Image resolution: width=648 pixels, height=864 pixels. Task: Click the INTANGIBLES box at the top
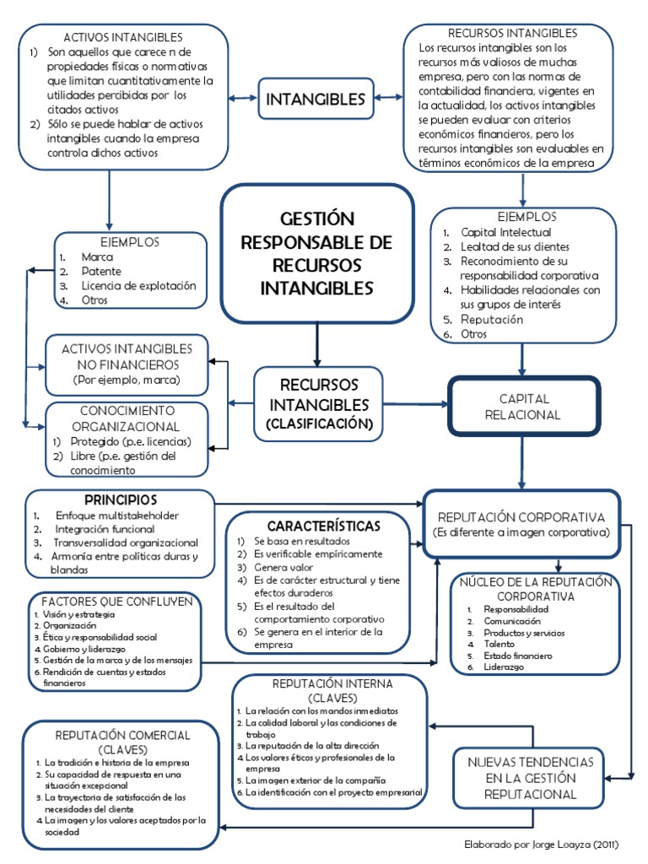point(316,99)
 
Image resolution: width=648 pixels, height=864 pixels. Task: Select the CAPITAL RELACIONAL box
point(523,407)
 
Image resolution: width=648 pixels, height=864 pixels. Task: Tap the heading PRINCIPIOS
point(121,499)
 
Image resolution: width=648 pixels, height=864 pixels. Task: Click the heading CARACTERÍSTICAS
point(323,526)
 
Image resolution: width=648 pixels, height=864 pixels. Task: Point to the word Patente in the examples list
point(101,271)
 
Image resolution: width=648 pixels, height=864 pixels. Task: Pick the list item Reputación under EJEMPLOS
point(492,320)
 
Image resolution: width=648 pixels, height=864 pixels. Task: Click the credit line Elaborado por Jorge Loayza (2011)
point(541,844)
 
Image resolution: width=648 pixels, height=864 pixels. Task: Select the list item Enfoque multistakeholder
point(116,516)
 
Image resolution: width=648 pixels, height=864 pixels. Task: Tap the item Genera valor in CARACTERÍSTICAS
point(283,568)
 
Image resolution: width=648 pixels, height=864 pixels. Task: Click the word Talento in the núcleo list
point(499,644)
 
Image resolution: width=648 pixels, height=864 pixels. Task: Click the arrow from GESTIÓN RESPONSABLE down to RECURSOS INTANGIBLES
point(317,344)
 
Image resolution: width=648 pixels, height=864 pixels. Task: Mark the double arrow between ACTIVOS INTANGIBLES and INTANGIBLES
point(243,98)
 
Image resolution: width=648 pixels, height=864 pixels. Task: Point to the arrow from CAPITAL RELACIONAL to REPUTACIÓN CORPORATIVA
point(521,462)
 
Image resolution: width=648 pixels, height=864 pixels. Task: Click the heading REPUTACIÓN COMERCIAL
point(122,736)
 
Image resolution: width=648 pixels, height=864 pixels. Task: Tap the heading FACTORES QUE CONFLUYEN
point(117,602)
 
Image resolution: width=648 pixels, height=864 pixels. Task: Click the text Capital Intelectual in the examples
point(506,233)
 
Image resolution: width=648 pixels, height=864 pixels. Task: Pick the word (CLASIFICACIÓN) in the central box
point(319,424)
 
